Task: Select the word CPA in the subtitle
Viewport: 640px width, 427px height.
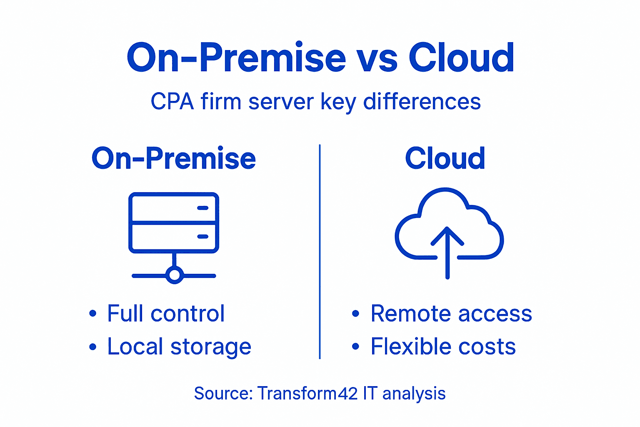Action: point(172,102)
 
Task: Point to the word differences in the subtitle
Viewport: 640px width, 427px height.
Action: point(422,102)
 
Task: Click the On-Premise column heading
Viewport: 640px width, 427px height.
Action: point(173,158)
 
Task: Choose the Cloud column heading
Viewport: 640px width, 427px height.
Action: point(445,158)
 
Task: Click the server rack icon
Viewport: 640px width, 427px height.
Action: point(174,223)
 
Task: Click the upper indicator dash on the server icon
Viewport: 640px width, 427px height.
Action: point(203,208)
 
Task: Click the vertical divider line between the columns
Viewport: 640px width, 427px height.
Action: point(320,250)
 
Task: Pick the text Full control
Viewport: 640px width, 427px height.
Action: point(166,314)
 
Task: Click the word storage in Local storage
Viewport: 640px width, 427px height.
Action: point(211,347)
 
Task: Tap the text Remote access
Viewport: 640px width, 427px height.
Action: point(451,314)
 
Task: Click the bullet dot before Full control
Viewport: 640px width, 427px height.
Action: point(92,314)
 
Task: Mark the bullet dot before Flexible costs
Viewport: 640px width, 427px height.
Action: point(355,347)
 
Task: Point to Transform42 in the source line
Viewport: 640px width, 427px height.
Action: point(307,393)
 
